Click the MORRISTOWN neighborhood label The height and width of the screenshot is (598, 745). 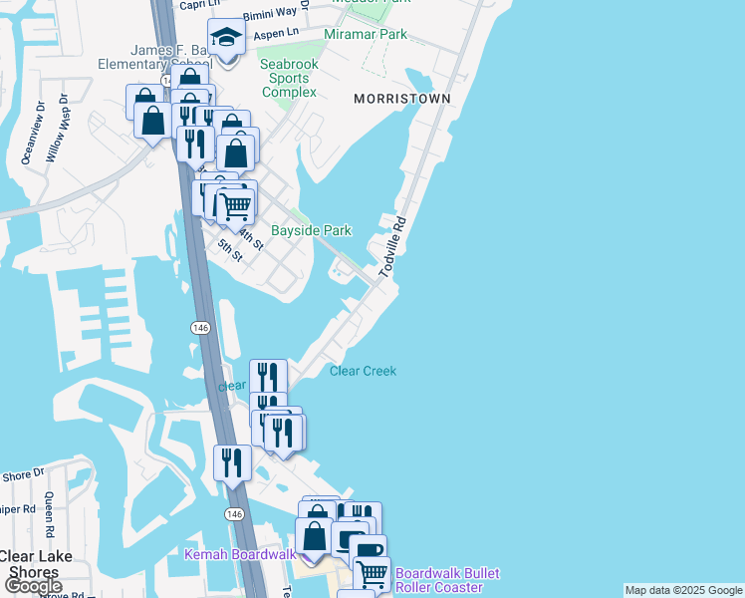click(x=401, y=99)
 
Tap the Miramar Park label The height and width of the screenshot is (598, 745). click(x=366, y=35)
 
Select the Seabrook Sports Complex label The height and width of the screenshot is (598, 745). click(x=289, y=78)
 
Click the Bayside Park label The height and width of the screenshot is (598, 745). click(x=312, y=230)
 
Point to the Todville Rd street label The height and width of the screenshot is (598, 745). click(x=393, y=247)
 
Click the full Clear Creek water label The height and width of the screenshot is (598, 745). click(x=363, y=371)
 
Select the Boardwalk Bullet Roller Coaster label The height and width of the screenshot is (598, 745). click(x=447, y=580)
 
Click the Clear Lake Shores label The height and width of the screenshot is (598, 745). click(x=34, y=564)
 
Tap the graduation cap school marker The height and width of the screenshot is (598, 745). click(x=226, y=39)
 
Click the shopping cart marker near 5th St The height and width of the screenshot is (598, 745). click(x=235, y=206)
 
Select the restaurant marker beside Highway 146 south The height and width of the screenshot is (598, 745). click(x=231, y=461)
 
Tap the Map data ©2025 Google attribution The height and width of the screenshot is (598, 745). click(x=683, y=590)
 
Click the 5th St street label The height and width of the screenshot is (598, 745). click(x=230, y=249)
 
